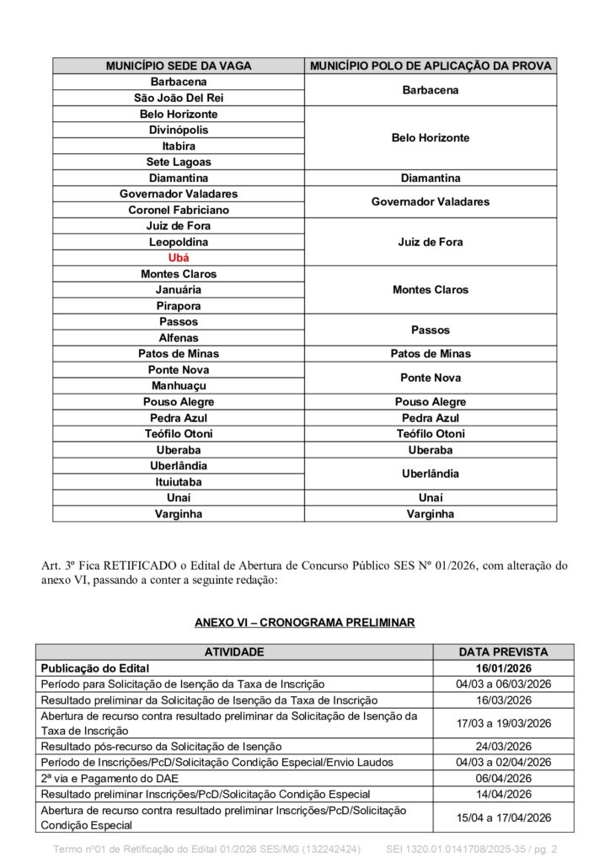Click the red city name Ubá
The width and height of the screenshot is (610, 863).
pyautogui.click(x=179, y=258)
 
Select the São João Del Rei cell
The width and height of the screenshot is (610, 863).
pyautogui.click(x=179, y=98)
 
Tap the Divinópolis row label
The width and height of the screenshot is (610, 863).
pyautogui.click(x=179, y=130)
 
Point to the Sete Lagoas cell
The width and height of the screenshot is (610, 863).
pyautogui.click(x=179, y=162)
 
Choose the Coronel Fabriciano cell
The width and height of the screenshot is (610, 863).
pyautogui.click(x=179, y=210)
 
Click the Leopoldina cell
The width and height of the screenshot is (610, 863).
pyautogui.click(x=179, y=242)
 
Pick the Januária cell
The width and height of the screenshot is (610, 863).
pyautogui.click(x=179, y=290)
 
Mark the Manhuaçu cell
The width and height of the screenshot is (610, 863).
pyautogui.click(x=179, y=386)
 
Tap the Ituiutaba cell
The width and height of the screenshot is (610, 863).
pyautogui.click(x=179, y=482)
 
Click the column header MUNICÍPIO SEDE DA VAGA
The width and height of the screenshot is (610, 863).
pyautogui.click(x=179, y=66)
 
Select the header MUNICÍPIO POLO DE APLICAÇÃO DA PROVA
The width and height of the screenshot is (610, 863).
pyautogui.click(x=431, y=66)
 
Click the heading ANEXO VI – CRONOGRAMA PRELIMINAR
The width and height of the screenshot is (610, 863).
pyautogui.click(x=304, y=623)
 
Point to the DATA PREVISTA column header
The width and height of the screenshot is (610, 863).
pyautogui.click(x=503, y=651)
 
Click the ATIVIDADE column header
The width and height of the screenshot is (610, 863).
pyautogui.click(x=234, y=651)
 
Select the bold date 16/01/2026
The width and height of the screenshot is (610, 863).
pyautogui.click(x=503, y=667)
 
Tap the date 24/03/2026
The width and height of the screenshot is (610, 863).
pyautogui.click(x=503, y=746)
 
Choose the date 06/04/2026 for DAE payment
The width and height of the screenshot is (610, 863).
pyautogui.click(x=503, y=778)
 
